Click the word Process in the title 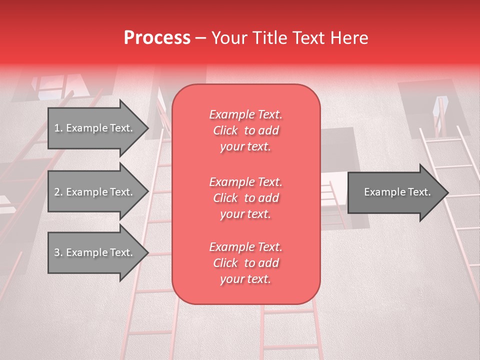157,38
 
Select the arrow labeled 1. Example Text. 95,128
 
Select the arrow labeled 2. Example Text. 95,192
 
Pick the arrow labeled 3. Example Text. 95,252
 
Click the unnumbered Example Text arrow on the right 395,192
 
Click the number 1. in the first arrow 58,128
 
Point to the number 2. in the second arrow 58,192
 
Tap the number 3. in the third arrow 58,252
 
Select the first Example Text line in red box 246,114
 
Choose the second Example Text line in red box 246,181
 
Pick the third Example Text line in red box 246,247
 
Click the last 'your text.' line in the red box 246,279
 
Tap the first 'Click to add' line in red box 246,130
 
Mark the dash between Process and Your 201,38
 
